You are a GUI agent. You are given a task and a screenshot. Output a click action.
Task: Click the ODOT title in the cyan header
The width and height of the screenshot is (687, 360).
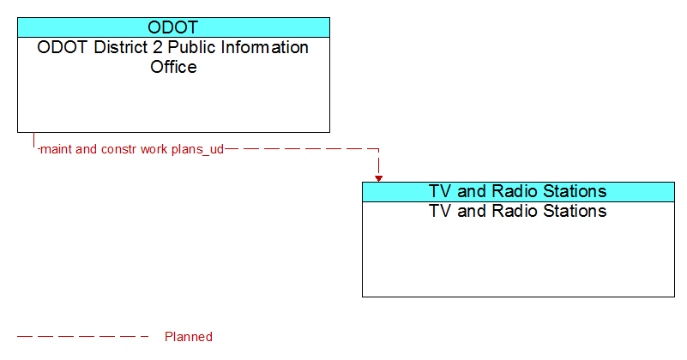click(x=173, y=27)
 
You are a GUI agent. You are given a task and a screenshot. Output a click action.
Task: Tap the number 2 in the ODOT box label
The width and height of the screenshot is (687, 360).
click(x=157, y=47)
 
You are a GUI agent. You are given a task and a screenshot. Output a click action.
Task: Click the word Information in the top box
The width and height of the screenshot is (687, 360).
click(x=265, y=47)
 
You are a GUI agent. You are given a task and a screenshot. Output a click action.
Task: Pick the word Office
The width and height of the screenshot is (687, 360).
click(x=173, y=67)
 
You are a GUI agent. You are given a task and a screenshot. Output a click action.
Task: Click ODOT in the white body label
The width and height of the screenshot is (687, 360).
click(x=63, y=47)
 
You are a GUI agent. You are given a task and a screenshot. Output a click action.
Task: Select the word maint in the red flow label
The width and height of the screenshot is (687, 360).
click(x=56, y=149)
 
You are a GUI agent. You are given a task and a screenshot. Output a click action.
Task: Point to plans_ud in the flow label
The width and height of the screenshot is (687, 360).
click(x=197, y=150)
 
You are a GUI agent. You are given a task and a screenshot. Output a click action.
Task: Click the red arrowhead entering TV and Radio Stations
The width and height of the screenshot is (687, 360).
click(x=378, y=178)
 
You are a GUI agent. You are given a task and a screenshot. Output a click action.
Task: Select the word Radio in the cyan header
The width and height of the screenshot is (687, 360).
click(x=515, y=191)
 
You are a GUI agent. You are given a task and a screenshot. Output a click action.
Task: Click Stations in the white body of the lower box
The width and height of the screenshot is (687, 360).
click(x=575, y=211)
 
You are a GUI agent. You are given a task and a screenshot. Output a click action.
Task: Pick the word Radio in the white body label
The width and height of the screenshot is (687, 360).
click(x=515, y=211)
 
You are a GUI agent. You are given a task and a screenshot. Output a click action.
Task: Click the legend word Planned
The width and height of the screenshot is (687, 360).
click(x=189, y=337)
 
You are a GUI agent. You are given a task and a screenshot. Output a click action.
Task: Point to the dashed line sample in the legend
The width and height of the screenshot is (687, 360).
click(x=83, y=337)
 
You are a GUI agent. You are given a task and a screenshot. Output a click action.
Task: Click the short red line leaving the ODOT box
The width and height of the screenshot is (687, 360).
click(x=33, y=140)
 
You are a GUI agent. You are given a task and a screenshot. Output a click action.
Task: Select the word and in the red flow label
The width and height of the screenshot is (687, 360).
click(x=87, y=149)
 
